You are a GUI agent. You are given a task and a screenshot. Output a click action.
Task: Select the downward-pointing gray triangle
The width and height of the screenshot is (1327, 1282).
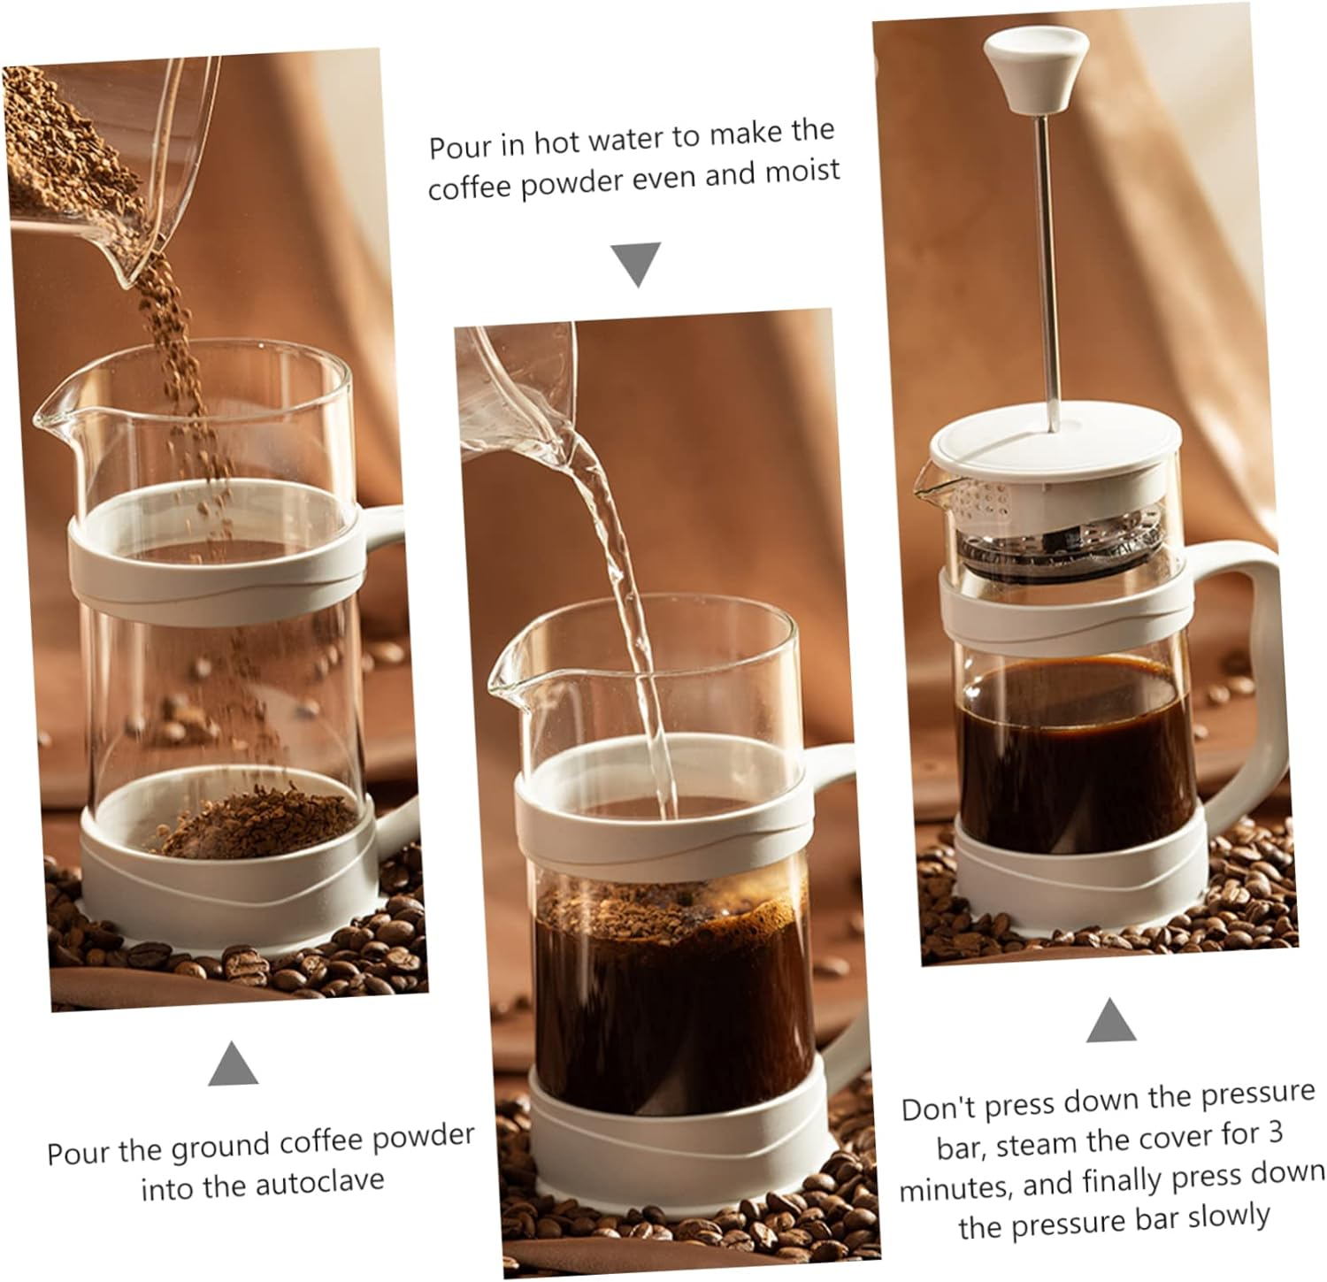coord(637,264)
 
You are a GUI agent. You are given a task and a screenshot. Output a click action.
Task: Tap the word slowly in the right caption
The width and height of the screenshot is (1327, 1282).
coord(1226,1218)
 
